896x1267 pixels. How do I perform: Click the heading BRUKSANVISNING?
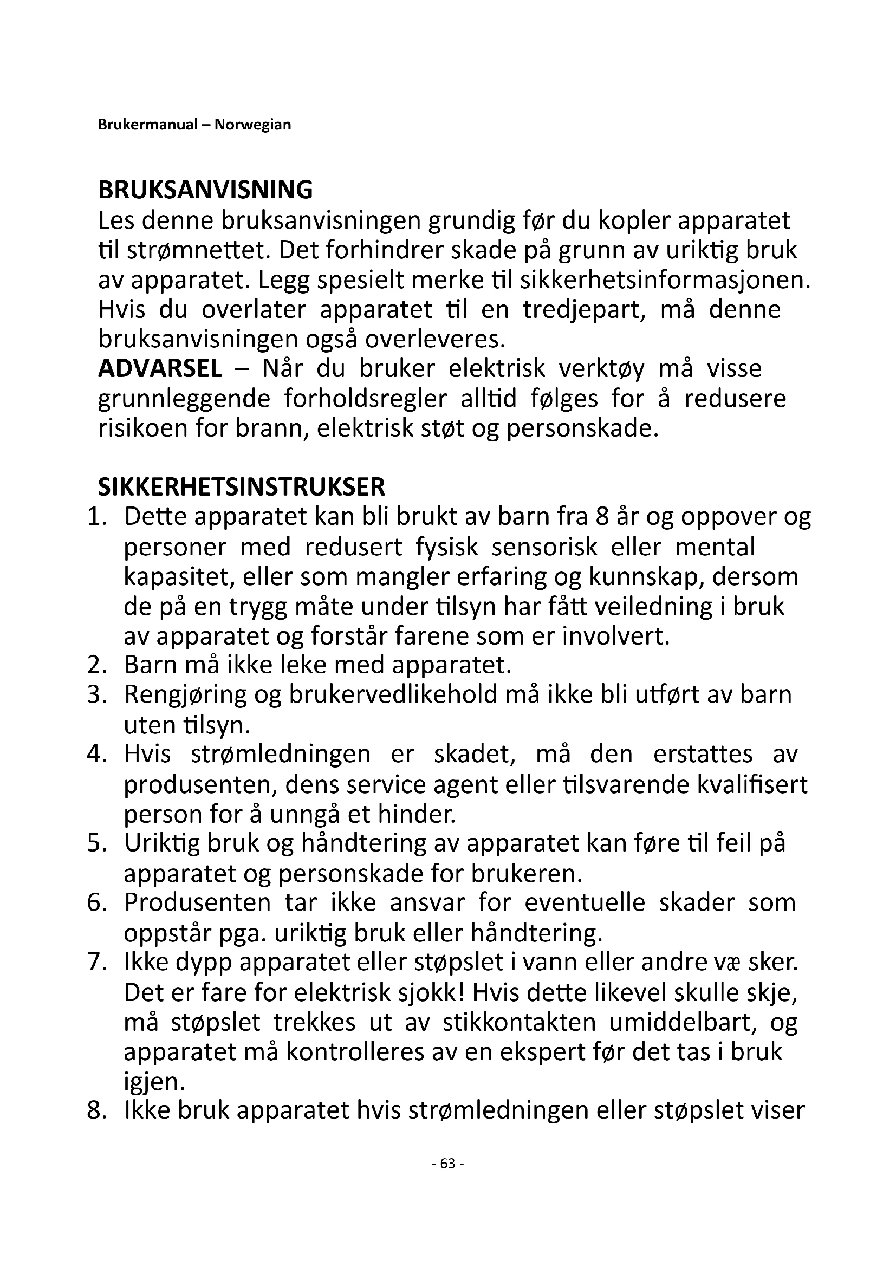205,190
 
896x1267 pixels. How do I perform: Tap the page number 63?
447,1164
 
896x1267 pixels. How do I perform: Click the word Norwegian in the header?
252,125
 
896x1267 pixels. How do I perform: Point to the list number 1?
96,517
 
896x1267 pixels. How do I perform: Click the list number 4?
96,755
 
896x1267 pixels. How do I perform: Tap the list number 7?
96,963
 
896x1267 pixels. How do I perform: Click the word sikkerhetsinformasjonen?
666,281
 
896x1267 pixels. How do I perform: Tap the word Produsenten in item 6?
198,903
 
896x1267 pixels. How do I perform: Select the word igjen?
154,1082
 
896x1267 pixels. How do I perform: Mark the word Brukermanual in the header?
147,125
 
